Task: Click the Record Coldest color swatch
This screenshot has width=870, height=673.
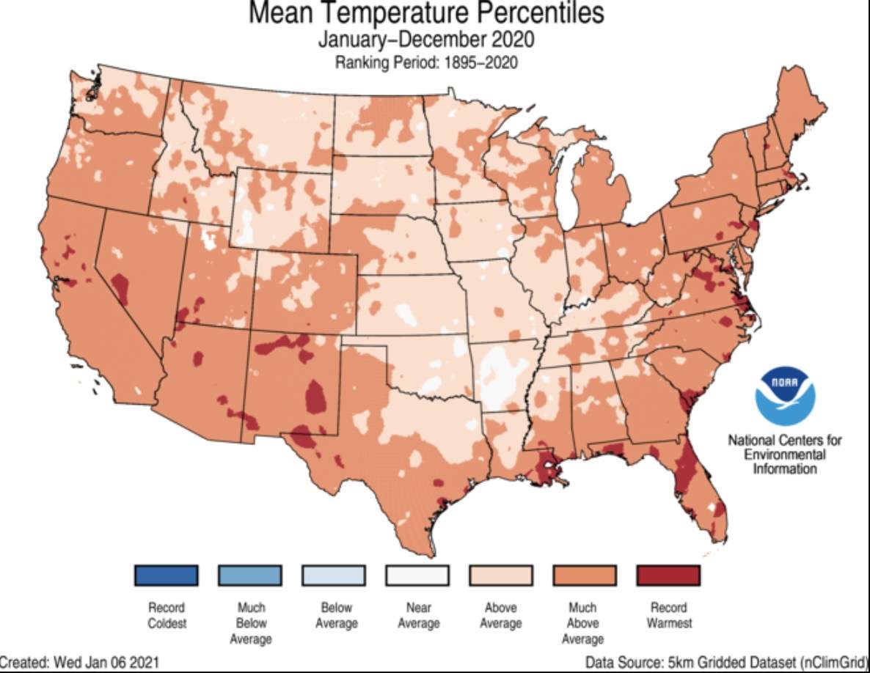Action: (x=166, y=575)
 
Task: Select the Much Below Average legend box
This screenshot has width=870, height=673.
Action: (x=249, y=575)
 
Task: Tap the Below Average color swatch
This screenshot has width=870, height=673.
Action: (x=333, y=575)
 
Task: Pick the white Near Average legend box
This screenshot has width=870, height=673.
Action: (x=417, y=575)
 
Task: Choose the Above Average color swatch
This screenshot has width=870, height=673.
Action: (x=500, y=575)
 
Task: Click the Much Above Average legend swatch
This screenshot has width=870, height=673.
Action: (x=584, y=575)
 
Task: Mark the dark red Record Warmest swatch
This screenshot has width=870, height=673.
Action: (x=668, y=575)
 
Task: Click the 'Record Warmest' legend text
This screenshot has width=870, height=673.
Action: (x=669, y=616)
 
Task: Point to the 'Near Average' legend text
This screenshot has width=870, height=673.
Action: (x=418, y=616)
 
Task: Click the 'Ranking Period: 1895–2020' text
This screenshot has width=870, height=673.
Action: (x=426, y=63)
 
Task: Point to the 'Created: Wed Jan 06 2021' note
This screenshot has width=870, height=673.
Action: (x=79, y=663)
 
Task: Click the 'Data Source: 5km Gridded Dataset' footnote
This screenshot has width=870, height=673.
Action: (x=726, y=663)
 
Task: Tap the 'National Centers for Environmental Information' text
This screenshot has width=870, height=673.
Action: (x=784, y=454)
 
